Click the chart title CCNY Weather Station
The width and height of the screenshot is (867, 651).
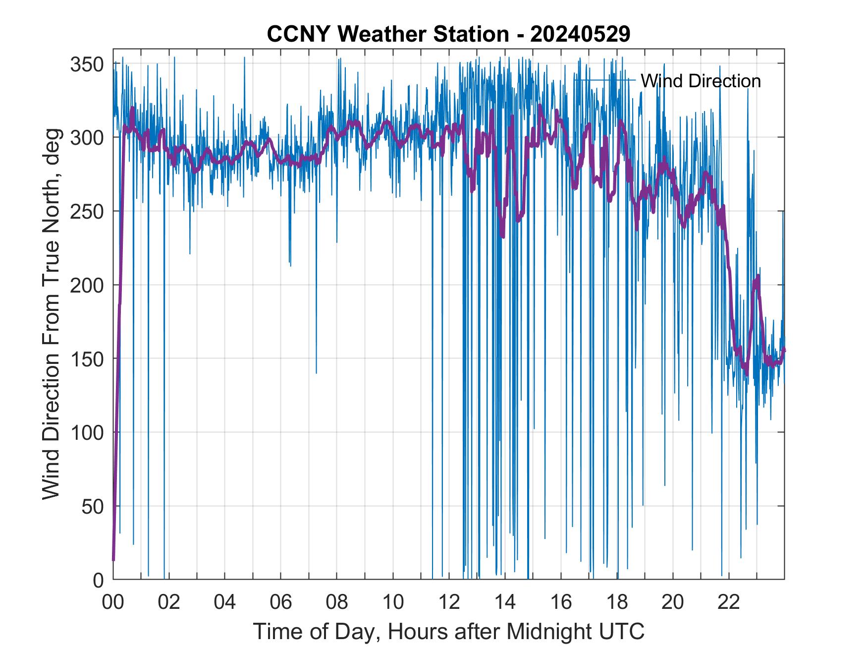click(x=387, y=35)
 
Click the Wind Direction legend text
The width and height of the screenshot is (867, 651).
click(x=701, y=81)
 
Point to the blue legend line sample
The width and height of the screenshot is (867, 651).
click(x=604, y=79)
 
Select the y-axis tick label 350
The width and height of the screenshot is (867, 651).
click(x=87, y=64)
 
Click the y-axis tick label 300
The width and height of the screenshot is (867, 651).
click(x=87, y=137)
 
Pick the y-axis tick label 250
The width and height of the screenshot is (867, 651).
click(x=87, y=211)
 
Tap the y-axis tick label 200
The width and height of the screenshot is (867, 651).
click(x=87, y=285)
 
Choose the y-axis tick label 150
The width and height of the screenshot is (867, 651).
click(x=87, y=358)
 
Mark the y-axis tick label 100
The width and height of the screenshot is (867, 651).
click(x=87, y=432)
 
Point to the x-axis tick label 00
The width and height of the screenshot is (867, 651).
click(x=113, y=602)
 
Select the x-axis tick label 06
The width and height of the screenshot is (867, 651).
click(x=281, y=602)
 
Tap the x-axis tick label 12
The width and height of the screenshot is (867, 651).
click(x=449, y=602)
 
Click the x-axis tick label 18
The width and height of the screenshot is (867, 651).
click(x=617, y=602)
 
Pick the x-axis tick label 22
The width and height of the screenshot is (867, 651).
click(x=729, y=602)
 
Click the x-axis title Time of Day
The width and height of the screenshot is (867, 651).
click(x=317, y=632)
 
